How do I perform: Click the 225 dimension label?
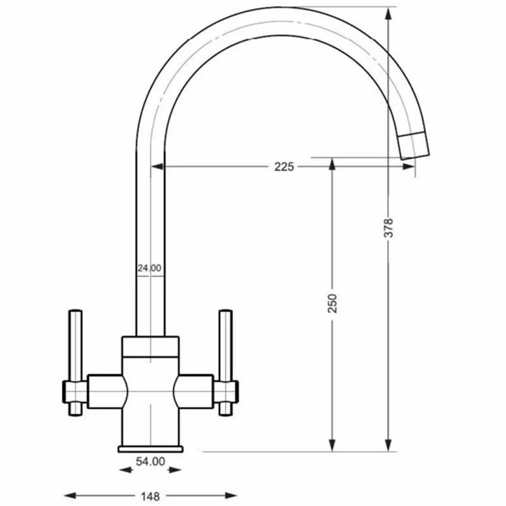click(x=284, y=167)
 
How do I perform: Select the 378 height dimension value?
click(x=388, y=228)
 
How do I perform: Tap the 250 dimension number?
click(x=333, y=304)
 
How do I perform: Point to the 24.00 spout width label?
click(x=149, y=268)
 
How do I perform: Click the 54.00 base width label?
click(x=151, y=462)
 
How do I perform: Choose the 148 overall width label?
click(x=151, y=496)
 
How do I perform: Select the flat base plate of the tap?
click(x=151, y=449)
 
